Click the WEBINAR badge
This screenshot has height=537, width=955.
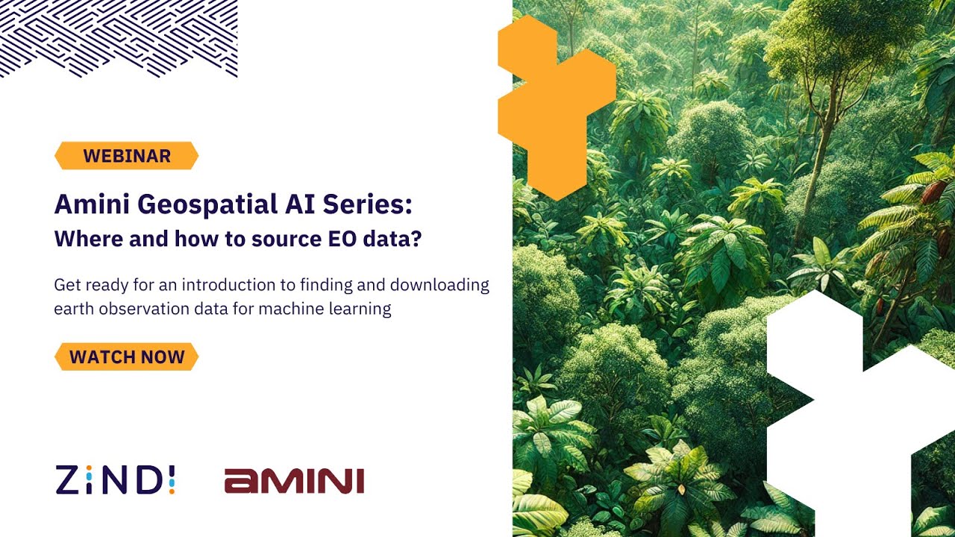pyautogui.click(x=126, y=156)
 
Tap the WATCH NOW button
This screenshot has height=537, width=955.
pyautogui.click(x=126, y=357)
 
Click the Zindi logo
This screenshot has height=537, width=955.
pyautogui.click(x=115, y=480)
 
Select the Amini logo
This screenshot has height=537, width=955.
pyautogui.click(x=294, y=481)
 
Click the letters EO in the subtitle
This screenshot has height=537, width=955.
pyautogui.click(x=345, y=240)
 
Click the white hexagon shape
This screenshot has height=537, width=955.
pyautogui.click(x=858, y=418)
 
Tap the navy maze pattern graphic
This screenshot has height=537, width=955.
pyautogui.click(x=119, y=37)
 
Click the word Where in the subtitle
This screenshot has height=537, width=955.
pyautogui.click(x=81, y=240)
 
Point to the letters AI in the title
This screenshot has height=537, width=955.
pyautogui.click(x=305, y=204)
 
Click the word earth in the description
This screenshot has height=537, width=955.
pyautogui.click(x=73, y=309)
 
